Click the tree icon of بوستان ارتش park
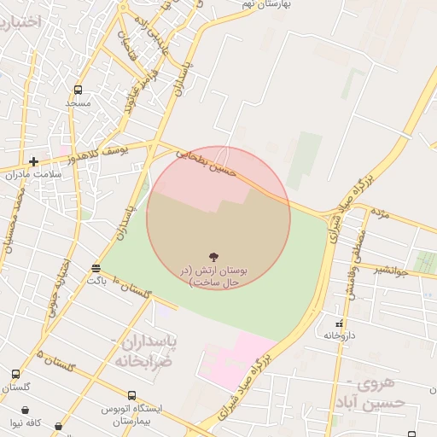[213, 256]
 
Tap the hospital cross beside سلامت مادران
[33, 160]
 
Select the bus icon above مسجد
[79, 90]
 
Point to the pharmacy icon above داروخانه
[340, 323]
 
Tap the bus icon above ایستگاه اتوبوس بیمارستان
[131, 395]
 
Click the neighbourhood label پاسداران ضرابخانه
[146, 350]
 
